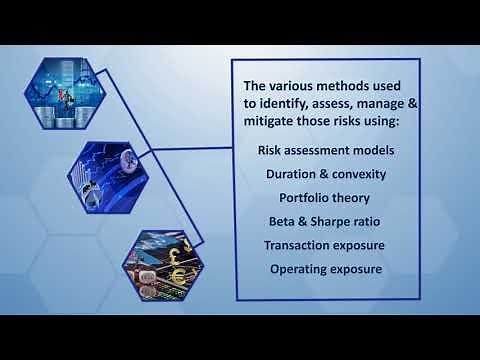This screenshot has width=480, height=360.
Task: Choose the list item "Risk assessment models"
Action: tap(325, 151)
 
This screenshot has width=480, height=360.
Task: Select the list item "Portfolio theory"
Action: tap(325, 197)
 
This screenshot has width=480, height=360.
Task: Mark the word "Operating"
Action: tap(303, 268)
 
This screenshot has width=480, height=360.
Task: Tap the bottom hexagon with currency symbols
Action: tap(162, 261)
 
